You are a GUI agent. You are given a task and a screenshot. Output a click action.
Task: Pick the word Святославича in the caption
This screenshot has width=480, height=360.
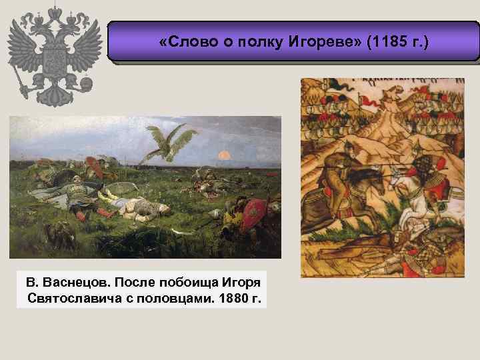[70, 297]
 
